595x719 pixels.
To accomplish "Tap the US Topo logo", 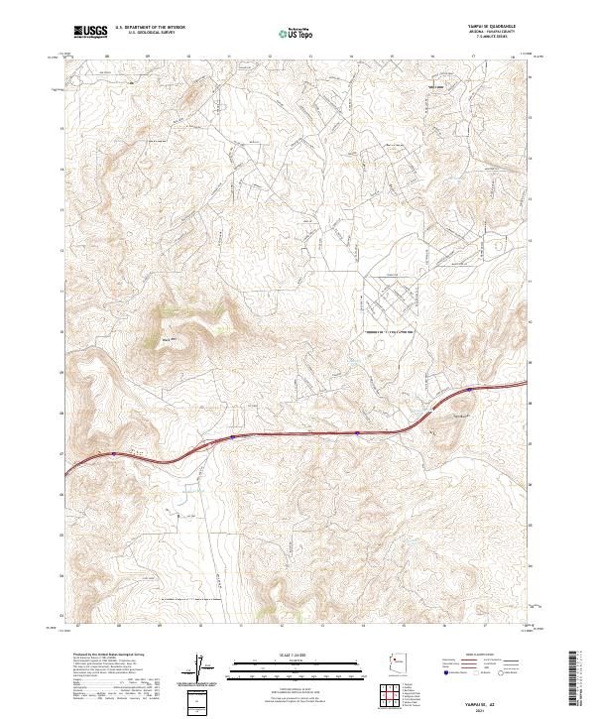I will tap(297, 33).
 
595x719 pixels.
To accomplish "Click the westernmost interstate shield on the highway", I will tap(114, 454).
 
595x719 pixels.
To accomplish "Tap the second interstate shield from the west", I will tap(232, 435).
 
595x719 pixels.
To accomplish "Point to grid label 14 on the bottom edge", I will tap(363, 626).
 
